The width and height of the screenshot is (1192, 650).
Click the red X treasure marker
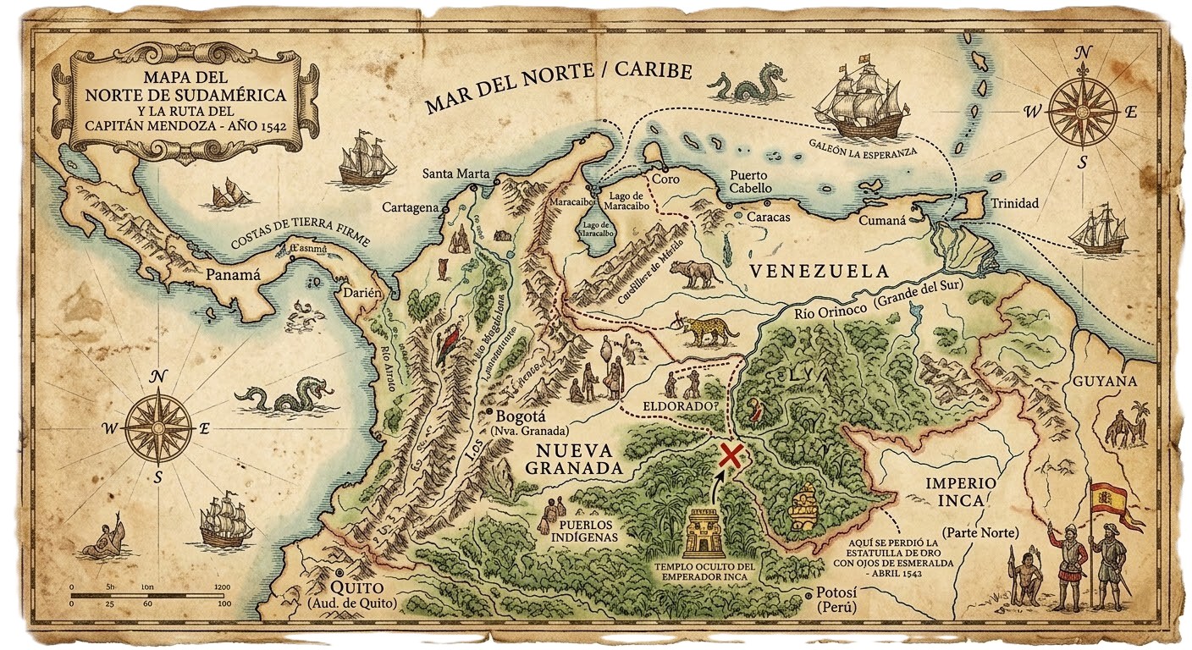730,455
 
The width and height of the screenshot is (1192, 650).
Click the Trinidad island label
1015,203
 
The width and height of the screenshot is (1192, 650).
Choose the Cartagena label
410,207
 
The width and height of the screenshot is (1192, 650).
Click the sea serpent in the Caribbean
742,88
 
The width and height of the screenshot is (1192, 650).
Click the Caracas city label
769,218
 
